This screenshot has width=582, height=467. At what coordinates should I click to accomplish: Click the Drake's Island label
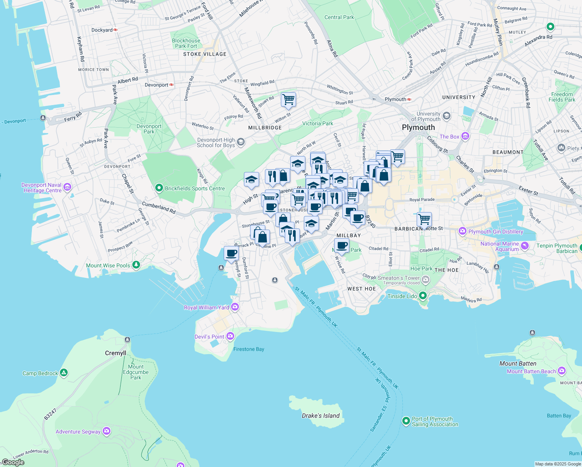coord(321,416)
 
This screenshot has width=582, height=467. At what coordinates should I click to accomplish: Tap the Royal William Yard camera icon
coord(235,307)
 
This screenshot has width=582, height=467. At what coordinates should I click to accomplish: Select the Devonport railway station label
coord(156,85)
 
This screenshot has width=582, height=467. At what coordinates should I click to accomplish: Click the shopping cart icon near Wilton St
coord(288,99)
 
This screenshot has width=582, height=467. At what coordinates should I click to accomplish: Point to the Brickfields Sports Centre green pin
coord(159,188)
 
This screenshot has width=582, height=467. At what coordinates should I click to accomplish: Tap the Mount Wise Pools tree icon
coord(136,265)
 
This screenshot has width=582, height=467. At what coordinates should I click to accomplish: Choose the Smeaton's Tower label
coord(398,278)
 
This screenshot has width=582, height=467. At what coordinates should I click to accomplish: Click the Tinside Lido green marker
coord(423,296)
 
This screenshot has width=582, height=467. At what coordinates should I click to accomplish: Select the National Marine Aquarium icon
coord(525,246)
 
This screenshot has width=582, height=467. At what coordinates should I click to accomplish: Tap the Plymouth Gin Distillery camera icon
coord(462,231)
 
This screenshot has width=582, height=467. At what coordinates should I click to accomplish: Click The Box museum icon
coord(465,136)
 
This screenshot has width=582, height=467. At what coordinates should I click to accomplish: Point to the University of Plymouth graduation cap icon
coord(447,116)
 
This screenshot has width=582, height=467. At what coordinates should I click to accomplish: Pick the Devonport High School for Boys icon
coord(241,142)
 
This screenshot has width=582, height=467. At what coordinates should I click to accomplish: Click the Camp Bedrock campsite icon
coord(64,373)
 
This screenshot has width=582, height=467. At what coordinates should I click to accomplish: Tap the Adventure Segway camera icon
coord(107,431)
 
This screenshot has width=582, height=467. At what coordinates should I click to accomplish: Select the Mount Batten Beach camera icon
coord(561,370)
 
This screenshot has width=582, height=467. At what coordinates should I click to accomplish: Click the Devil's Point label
coord(209,337)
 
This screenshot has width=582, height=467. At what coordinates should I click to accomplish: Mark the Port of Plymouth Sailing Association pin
coord(406,421)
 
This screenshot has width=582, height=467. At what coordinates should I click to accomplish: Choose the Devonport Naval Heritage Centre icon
coord(67,188)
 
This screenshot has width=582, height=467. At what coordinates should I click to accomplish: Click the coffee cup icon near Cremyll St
coord(231,253)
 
